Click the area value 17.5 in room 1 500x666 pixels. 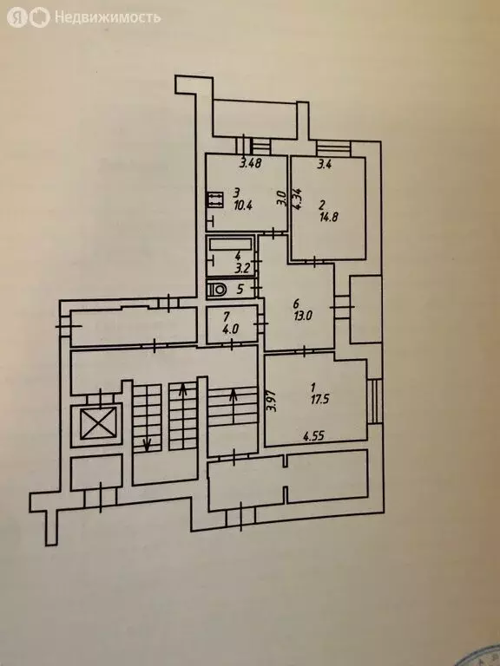click(319, 399)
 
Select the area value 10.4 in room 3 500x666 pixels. click(243, 206)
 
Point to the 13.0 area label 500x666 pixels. click(303, 316)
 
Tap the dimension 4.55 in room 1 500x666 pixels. click(313, 436)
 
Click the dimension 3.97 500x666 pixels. click(273, 402)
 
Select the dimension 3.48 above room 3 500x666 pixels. click(250, 163)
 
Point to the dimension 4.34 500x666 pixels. click(299, 199)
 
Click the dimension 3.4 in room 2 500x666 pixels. click(325, 165)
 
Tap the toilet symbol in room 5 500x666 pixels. click(217, 290)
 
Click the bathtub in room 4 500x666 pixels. click(230, 245)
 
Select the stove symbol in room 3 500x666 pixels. click(215, 199)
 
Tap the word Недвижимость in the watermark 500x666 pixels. click(108, 17)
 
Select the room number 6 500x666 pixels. click(296, 304)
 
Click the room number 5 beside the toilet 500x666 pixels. click(240, 290)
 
